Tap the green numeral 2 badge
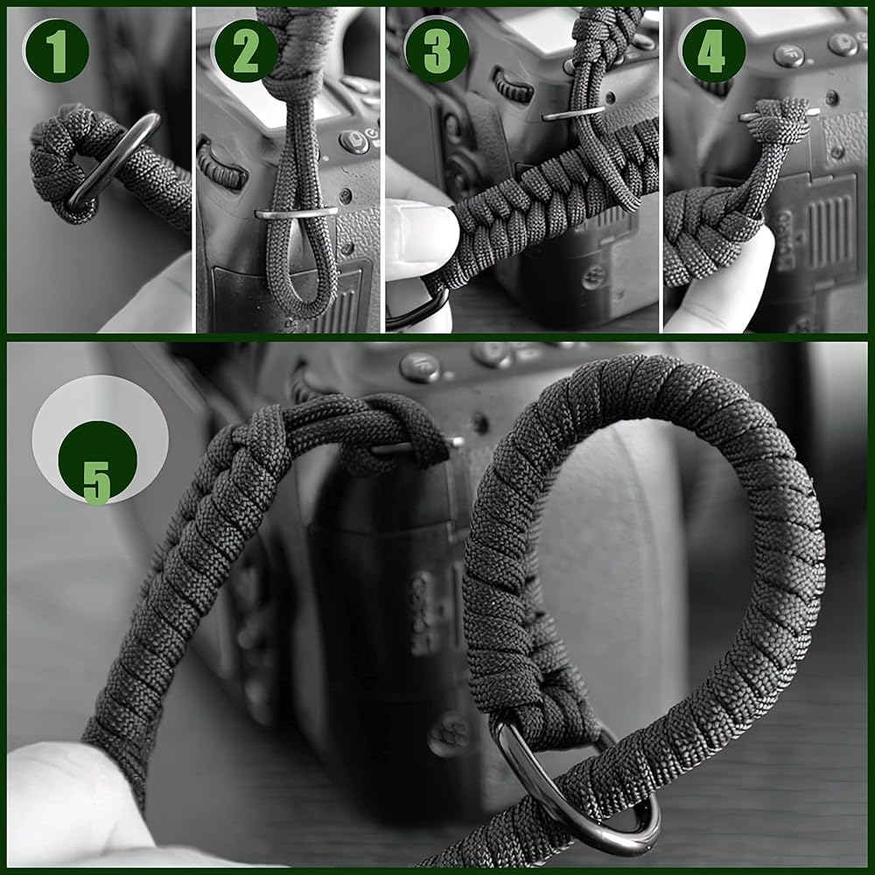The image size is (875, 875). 246,52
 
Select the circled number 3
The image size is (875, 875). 437,52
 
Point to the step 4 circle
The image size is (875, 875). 710,52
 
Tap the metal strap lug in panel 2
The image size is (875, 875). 296,212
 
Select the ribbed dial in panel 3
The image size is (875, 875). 513,86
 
